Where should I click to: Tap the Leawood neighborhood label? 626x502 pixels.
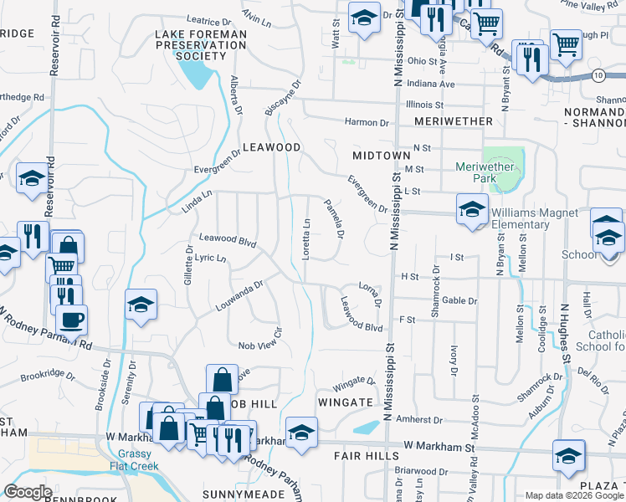pyautogui.click(x=271, y=147)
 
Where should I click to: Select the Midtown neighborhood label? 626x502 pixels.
pyautogui.click(x=382, y=156)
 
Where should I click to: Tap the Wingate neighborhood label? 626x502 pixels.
pyautogui.click(x=345, y=402)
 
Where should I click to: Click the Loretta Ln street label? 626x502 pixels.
pyautogui.click(x=307, y=238)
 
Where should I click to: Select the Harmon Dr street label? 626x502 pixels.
pyautogui.click(x=367, y=122)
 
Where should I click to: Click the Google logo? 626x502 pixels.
pyautogui.click(x=28, y=492)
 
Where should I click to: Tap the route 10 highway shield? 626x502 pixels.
pyautogui.click(x=597, y=75)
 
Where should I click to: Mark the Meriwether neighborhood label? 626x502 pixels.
pyautogui.click(x=453, y=122)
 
